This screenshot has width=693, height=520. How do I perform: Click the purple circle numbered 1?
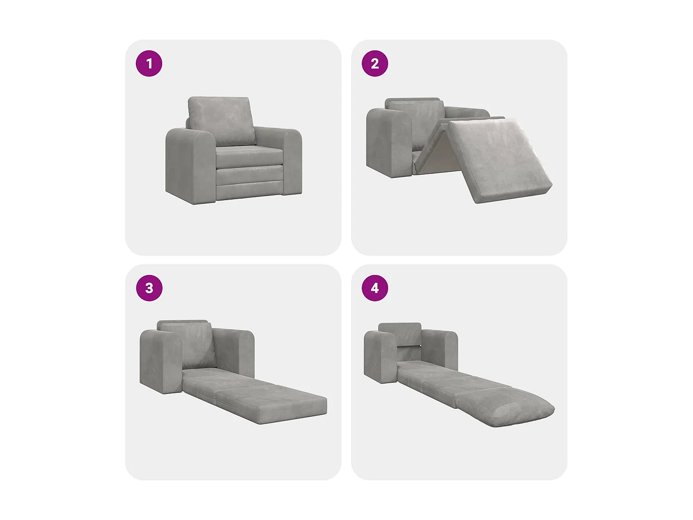point(149,63)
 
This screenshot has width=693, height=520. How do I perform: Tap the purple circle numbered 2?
point(375,63)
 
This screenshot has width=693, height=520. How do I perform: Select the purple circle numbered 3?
point(149,288)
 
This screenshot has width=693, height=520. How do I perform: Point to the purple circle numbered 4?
point(375,288)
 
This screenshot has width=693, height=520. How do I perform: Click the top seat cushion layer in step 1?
point(249,155)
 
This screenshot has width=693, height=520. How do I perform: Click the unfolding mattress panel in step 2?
point(500,159)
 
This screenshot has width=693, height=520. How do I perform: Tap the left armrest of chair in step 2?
point(389,142)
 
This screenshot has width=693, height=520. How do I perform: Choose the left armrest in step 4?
point(380,357)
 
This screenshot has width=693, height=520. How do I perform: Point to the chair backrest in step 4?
point(400,334)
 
